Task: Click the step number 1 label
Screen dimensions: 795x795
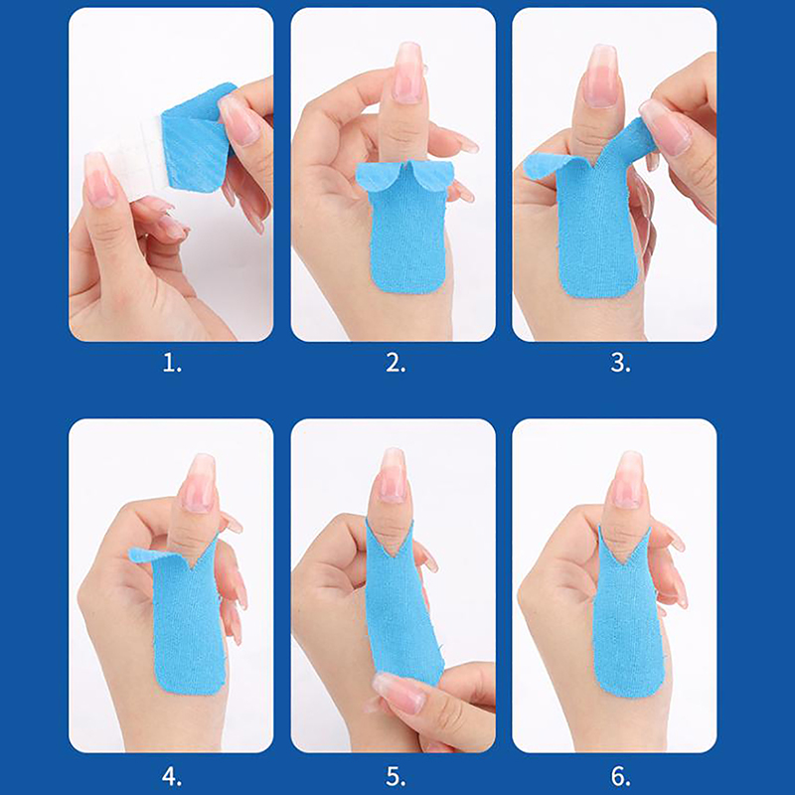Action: click(171, 363)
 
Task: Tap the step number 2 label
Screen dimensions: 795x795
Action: click(396, 363)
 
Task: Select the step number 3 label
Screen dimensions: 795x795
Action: click(620, 363)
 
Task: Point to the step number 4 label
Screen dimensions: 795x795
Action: click(171, 776)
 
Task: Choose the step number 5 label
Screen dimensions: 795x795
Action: click(396, 776)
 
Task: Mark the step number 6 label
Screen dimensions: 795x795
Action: click(620, 776)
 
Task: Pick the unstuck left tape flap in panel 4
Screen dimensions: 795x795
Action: click(152, 556)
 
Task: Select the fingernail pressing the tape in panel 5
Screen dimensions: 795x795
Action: click(398, 693)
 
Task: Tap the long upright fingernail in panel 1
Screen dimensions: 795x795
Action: click(99, 180)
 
